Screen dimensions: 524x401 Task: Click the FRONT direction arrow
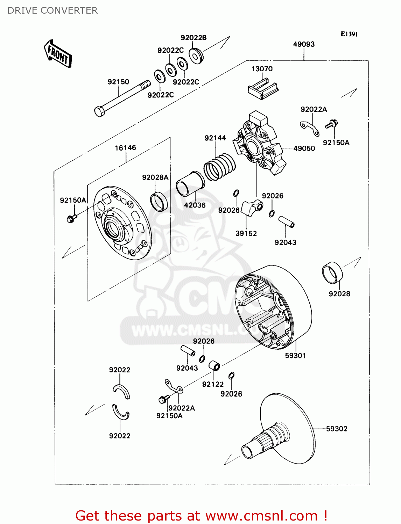click(x=58, y=54)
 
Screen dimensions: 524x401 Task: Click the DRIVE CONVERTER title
click(x=52, y=10)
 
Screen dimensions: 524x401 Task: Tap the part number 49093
click(x=304, y=44)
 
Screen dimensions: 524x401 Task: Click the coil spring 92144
click(x=220, y=167)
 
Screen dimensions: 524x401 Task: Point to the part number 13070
click(x=262, y=69)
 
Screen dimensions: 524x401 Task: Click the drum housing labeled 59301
click(x=273, y=307)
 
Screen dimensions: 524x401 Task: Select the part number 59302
click(x=337, y=429)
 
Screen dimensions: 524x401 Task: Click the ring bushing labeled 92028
click(x=332, y=273)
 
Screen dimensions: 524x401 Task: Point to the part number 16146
click(x=125, y=148)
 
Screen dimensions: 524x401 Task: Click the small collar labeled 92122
click(x=214, y=366)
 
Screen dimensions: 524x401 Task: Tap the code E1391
click(x=349, y=34)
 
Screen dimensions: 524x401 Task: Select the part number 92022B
click(x=194, y=38)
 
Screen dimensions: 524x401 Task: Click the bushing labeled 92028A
click(x=159, y=202)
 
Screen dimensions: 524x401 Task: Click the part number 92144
click(x=215, y=138)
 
